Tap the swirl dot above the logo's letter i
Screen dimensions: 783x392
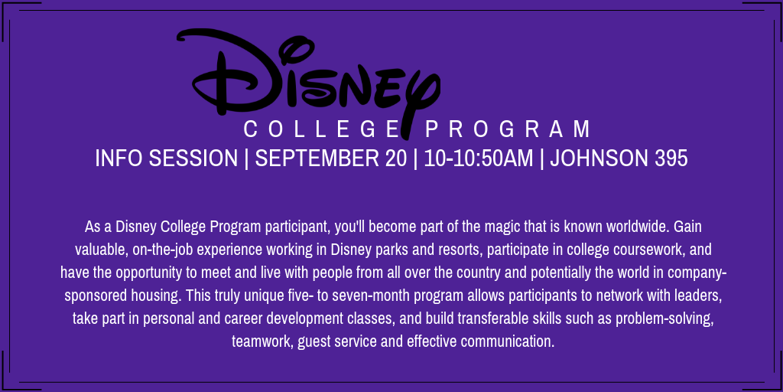click(x=291, y=51)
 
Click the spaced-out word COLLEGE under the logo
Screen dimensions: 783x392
click(x=320, y=129)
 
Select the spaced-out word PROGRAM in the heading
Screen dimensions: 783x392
click(x=508, y=129)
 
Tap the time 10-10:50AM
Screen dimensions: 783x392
click(x=479, y=158)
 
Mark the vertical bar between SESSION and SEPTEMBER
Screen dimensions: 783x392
click(x=247, y=158)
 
